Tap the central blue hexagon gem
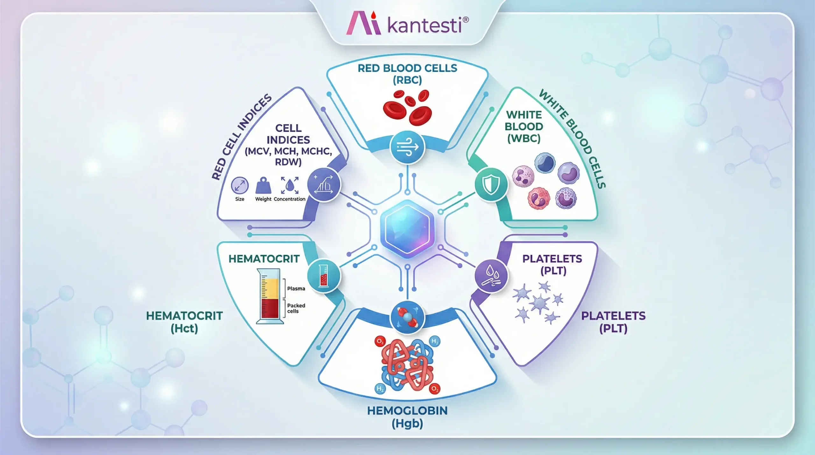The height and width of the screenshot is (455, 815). [407, 229]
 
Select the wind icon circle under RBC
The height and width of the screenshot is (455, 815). [407, 147]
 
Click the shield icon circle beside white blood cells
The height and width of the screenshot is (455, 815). [491, 184]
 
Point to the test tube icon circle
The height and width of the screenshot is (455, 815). [324, 275]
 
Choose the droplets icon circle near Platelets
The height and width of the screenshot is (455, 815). [491, 275]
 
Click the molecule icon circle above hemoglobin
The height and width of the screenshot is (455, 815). [407, 317]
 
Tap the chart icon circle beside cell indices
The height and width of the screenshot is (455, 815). [324, 184]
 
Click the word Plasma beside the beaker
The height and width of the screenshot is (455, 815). [296, 288]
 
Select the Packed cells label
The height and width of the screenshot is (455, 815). [296, 308]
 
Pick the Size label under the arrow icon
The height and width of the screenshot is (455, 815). [240, 199]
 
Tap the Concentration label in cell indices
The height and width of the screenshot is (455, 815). [289, 199]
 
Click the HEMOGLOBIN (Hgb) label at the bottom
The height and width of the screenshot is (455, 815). [407, 417]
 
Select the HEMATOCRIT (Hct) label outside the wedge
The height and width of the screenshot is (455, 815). [184, 322]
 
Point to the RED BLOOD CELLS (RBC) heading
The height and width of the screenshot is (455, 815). [407, 74]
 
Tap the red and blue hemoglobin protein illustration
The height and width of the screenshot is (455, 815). [407, 365]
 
